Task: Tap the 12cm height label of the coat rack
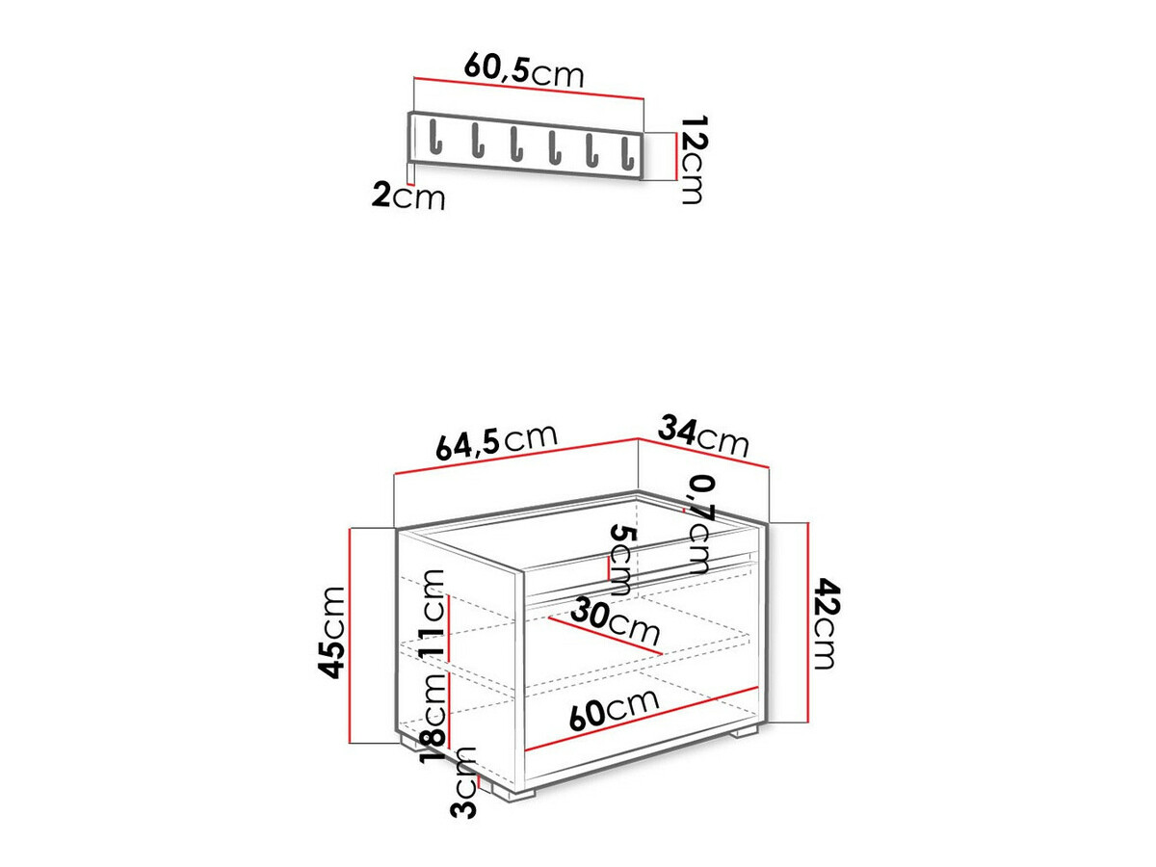691,160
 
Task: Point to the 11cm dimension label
433,615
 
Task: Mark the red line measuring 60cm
642,719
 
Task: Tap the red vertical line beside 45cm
354,636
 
